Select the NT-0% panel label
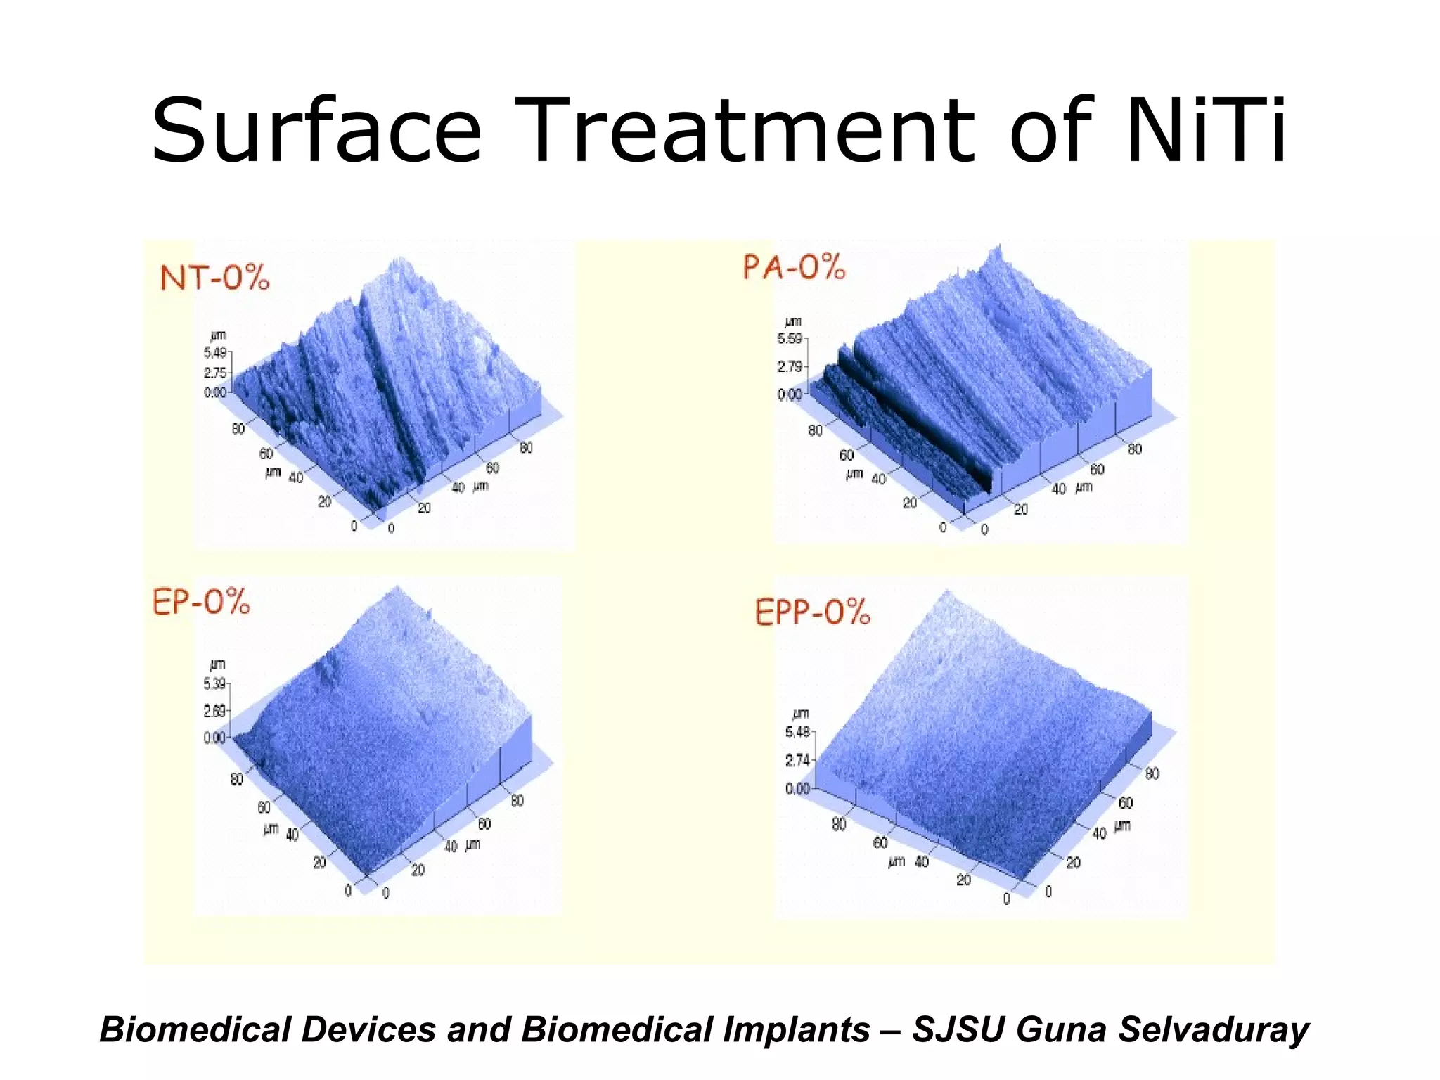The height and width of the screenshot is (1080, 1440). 214,278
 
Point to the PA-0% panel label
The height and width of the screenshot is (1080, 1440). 794,268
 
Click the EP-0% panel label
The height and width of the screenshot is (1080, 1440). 201,603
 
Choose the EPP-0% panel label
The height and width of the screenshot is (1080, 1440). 812,612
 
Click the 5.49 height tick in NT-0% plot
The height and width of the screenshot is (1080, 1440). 215,352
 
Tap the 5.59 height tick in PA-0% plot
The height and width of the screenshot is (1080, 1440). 789,339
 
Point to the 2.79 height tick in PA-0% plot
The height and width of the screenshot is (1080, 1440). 789,366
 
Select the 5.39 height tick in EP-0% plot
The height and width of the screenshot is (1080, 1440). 214,683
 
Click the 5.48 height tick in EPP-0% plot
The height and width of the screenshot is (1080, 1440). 797,733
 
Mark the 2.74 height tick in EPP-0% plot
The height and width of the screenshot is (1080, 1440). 797,760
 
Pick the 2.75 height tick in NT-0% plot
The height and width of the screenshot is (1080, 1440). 215,373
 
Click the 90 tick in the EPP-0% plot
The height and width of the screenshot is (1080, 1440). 839,824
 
